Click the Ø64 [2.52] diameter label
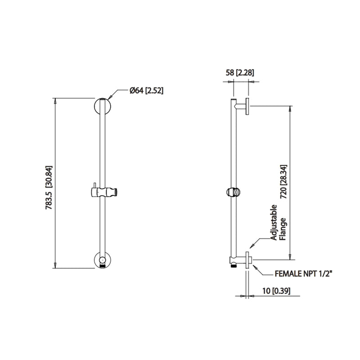146,90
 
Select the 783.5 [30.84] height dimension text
49,184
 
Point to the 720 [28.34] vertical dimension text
283,182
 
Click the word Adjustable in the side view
274,222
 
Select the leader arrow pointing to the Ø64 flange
112,94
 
